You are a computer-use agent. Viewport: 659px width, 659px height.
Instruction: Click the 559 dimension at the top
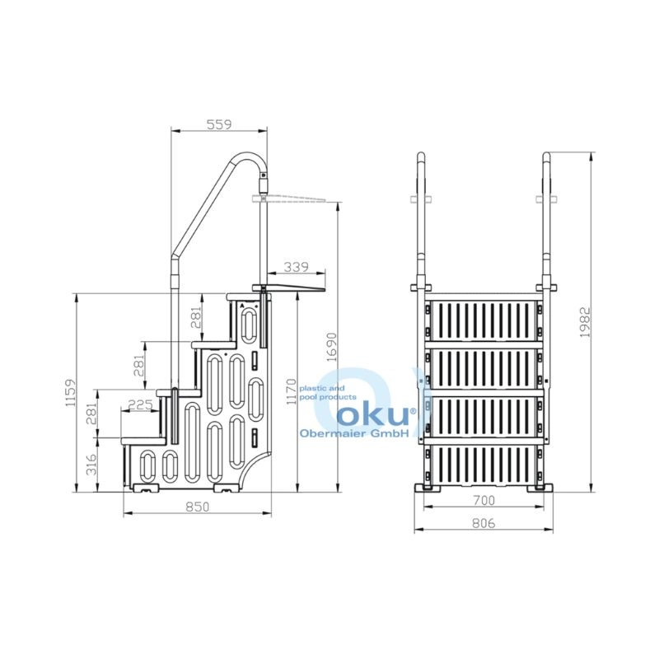pos(219,124)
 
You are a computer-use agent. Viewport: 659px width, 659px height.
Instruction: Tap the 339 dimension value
pos(296,267)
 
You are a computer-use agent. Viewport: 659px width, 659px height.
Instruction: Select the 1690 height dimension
pos(332,347)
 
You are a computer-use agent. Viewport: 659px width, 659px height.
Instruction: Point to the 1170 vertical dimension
pos(292,391)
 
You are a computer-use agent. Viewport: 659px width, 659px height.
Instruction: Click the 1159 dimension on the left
pos(70,393)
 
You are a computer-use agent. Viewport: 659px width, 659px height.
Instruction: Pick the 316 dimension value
pos(91,465)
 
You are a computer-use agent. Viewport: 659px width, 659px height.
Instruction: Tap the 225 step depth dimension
pos(139,404)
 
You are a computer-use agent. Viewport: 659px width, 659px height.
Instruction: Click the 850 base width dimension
pos(197,507)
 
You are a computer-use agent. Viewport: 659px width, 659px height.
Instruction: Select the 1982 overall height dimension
pos(585,322)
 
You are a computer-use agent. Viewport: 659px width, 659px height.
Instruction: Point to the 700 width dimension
pos(484,500)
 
